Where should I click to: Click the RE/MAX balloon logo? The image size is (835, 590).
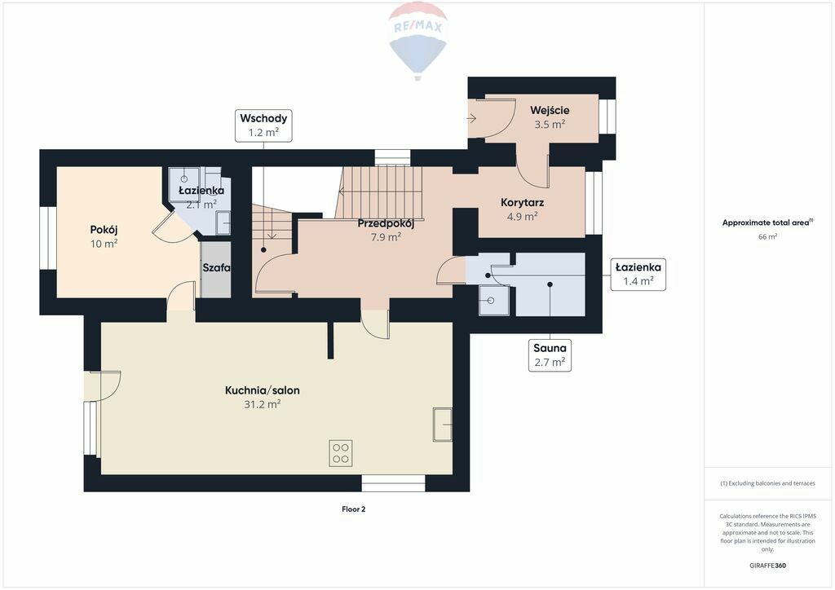coord(418,41)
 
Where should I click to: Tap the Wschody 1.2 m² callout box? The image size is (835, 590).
coord(263,125)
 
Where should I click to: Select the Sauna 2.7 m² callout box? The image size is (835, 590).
coord(550,354)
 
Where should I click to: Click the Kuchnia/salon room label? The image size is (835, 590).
coord(262,390)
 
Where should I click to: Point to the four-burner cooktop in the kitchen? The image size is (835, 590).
coord(340,453)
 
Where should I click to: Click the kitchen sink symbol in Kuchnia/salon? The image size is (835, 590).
coord(443,425)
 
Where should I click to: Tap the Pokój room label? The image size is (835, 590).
coord(104,230)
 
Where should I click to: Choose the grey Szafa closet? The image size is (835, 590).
coord(215,269)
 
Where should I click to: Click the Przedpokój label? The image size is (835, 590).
coord(386,223)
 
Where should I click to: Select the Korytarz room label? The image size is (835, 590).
coord(523,203)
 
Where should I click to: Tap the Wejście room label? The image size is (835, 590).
coord(550,111)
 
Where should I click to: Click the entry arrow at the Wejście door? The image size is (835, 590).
coord(472,118)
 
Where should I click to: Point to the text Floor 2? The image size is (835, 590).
coord(354,509)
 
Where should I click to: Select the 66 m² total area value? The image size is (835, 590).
coord(767,237)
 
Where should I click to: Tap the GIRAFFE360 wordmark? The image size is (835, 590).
coord(767,566)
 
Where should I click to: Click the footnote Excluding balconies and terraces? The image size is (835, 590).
coord(767,483)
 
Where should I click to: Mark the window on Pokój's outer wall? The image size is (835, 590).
coord(48,238)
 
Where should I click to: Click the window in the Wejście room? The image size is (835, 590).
coord(607,117)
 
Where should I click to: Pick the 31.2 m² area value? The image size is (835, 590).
coord(262,404)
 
